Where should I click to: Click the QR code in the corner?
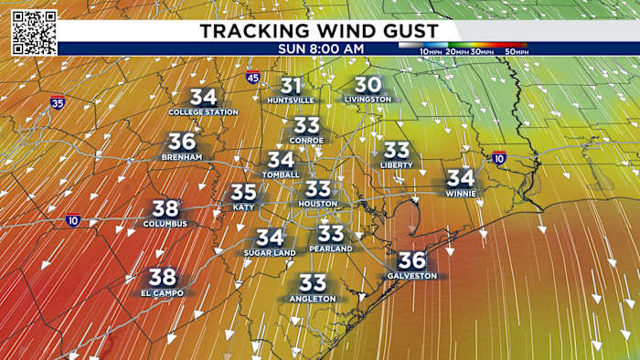[x=35, y=33]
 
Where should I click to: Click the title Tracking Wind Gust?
[x=318, y=31]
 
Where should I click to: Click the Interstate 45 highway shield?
[x=252, y=79]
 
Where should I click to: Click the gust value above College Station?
[x=203, y=97]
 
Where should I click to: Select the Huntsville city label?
[x=291, y=100]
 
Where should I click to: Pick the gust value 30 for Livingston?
[x=368, y=84]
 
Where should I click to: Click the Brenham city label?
[x=182, y=157]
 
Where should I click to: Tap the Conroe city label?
[x=307, y=140]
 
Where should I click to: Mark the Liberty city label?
[x=396, y=164]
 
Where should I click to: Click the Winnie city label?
[x=461, y=192]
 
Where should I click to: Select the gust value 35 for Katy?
[x=243, y=193]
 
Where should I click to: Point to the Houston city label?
[x=318, y=204]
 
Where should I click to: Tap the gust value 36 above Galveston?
[x=412, y=260]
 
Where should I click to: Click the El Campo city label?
[x=163, y=292]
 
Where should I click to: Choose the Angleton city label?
[x=313, y=299]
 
